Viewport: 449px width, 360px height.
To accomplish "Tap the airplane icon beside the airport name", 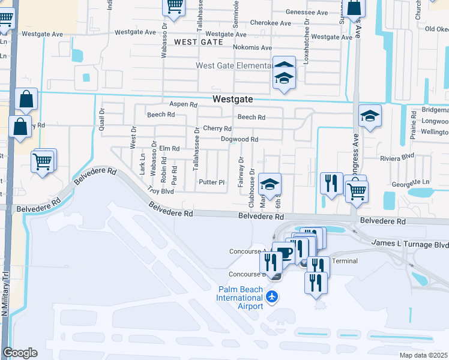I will click(x=273, y=296).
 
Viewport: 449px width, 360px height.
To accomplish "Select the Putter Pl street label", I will click(x=212, y=182).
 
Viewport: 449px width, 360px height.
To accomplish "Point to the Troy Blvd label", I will click(x=161, y=191).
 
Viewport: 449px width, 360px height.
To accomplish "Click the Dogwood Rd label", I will click(x=240, y=140).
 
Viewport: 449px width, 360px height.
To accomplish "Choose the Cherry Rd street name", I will click(x=217, y=128).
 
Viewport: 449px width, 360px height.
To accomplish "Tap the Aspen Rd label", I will click(x=183, y=104).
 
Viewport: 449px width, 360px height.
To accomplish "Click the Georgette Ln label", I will click(x=410, y=182).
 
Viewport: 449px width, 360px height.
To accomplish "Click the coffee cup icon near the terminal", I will click(x=284, y=253).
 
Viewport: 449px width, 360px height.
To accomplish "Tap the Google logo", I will click(x=20, y=353).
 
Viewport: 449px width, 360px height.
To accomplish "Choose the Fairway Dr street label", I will click(x=241, y=171).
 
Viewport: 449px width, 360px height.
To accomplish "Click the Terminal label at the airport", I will click(x=345, y=261).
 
